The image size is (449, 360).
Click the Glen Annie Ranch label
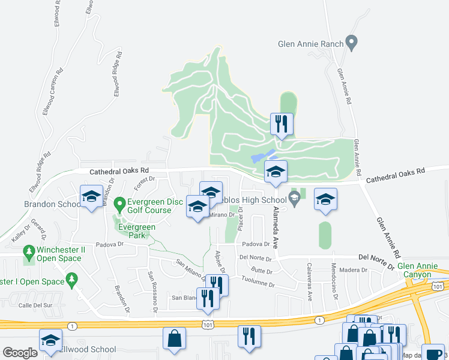(x=310, y=44)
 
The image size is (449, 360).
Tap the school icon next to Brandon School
(x=91, y=196)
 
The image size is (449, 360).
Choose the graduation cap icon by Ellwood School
(x=51, y=340)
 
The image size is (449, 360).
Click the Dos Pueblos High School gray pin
(x=294, y=200)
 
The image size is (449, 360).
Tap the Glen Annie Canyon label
(x=414, y=270)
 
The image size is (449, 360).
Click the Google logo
(x=20, y=353)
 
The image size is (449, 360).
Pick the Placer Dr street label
(x=240, y=219)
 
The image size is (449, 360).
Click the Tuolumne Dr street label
(x=258, y=281)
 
